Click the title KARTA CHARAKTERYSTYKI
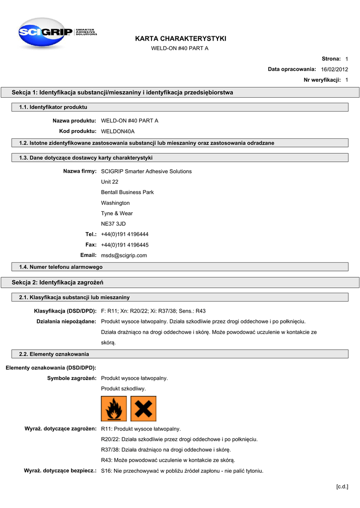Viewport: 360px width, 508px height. pos(180,39)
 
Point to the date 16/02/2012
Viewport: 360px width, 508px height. pos(335,69)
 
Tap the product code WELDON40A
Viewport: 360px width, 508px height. pos(118,131)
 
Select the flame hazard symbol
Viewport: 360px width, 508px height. pos(114,408)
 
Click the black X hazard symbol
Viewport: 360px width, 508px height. pos(144,408)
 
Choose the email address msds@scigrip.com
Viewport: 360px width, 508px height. pos(124,255)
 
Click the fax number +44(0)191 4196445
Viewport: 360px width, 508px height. pos(125,245)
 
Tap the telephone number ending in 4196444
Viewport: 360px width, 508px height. pos(125,234)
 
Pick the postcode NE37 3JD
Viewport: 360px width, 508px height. pos(113,224)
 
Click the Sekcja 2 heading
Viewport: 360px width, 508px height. pos(58,282)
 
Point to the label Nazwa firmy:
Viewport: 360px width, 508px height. pos(79,172)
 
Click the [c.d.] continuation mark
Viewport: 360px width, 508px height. pos(342,487)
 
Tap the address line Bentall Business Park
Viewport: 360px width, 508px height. pos(127,192)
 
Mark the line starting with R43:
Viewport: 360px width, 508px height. pos(168,460)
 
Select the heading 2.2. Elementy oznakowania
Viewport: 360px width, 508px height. pos(54,354)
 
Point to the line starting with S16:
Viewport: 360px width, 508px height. pos(182,471)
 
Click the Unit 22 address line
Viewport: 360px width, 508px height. pos(109,182)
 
